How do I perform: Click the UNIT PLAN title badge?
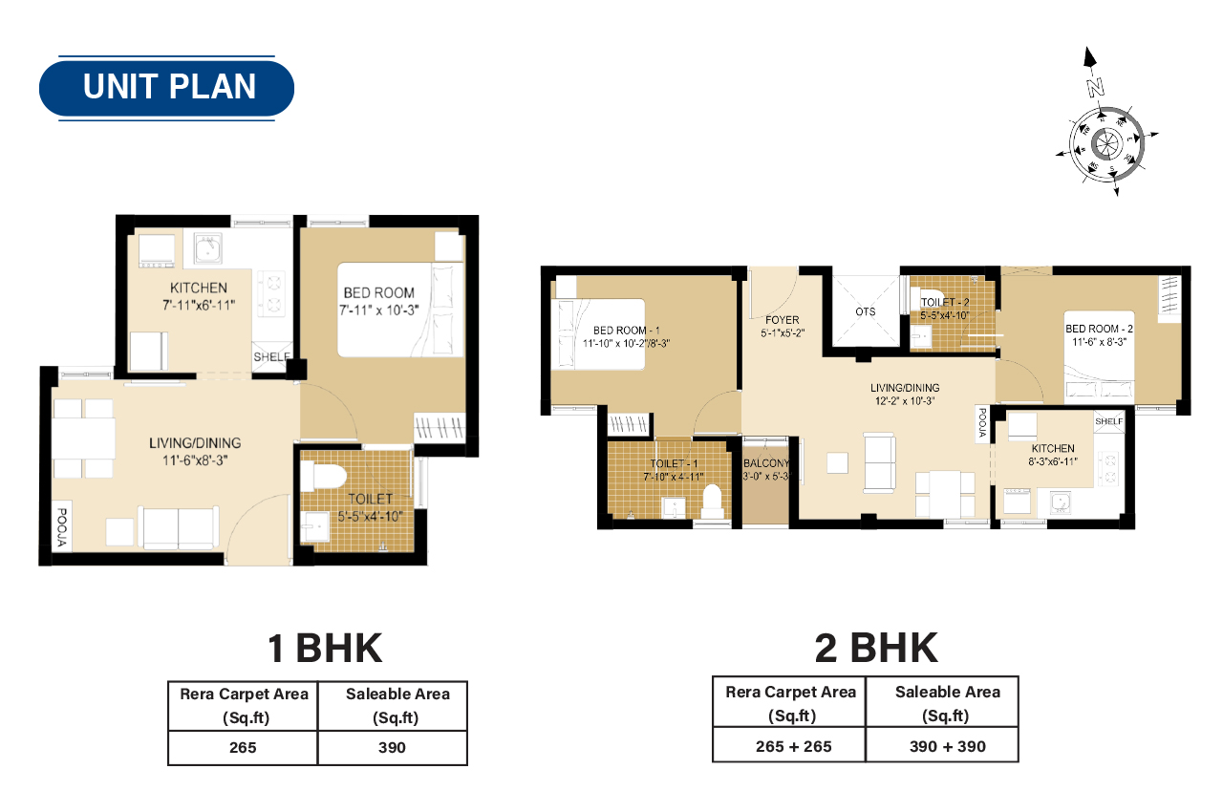pos(167,87)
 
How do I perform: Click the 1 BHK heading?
pos(325,648)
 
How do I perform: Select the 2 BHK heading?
pos(876,648)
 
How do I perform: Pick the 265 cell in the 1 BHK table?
pos(243,747)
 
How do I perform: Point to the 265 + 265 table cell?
pos(788,745)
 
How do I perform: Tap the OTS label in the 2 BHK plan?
pos(866,311)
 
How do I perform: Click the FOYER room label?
pos(782,320)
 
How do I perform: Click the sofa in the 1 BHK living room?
pos(179,526)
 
